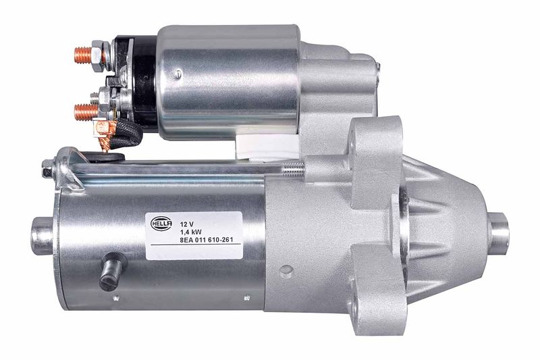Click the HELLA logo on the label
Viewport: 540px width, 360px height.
pyautogui.click(x=161, y=224)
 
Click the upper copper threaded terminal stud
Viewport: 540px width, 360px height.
pyautogui.click(x=83, y=55)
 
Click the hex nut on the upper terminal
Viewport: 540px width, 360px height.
pyautogui.click(x=99, y=56)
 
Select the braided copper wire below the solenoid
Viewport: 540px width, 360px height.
pyautogui.click(x=103, y=136)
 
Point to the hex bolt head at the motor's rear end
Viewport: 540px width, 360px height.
pyautogui.click(x=47, y=168)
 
